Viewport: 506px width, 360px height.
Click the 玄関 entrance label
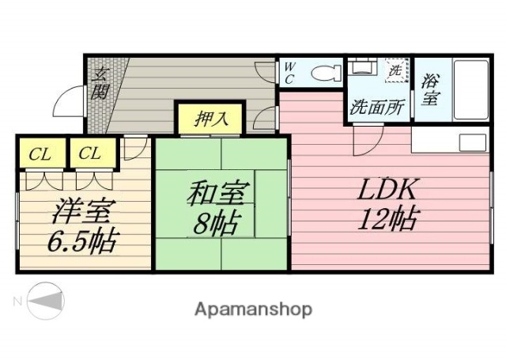pyautogui.click(x=100, y=84)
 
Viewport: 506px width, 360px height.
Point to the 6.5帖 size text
pyautogui.click(x=84, y=240)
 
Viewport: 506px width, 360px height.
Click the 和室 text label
pyautogui.click(x=219, y=193)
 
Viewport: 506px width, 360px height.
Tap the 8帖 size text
pyautogui.click(x=216, y=224)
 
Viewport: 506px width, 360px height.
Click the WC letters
pyautogui.click(x=289, y=74)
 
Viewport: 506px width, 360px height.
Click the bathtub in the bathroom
pyautogui.click(x=471, y=89)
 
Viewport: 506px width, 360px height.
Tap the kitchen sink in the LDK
pyautogui.click(x=473, y=142)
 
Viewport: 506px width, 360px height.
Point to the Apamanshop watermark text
pyautogui.click(x=252, y=309)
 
